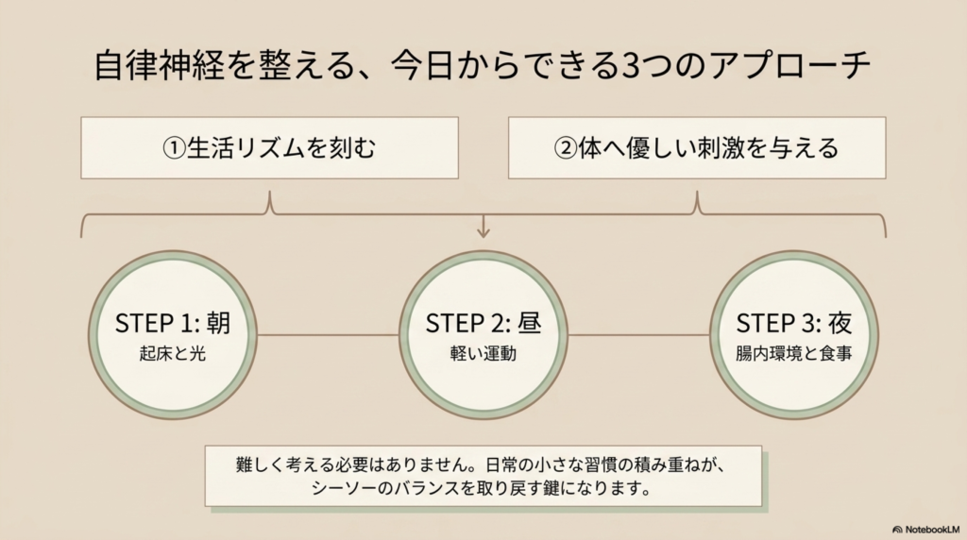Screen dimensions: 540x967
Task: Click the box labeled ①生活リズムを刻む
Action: (269, 148)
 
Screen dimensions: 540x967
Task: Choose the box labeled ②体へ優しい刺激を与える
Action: (697, 148)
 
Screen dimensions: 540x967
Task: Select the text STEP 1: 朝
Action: (173, 324)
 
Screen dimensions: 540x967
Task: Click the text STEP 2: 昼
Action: (483, 324)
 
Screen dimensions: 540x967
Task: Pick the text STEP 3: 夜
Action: (794, 324)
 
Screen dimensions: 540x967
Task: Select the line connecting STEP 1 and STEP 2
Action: (328, 334)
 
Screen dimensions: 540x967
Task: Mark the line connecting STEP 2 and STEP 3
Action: (638, 334)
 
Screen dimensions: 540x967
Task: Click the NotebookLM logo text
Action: (928, 529)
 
